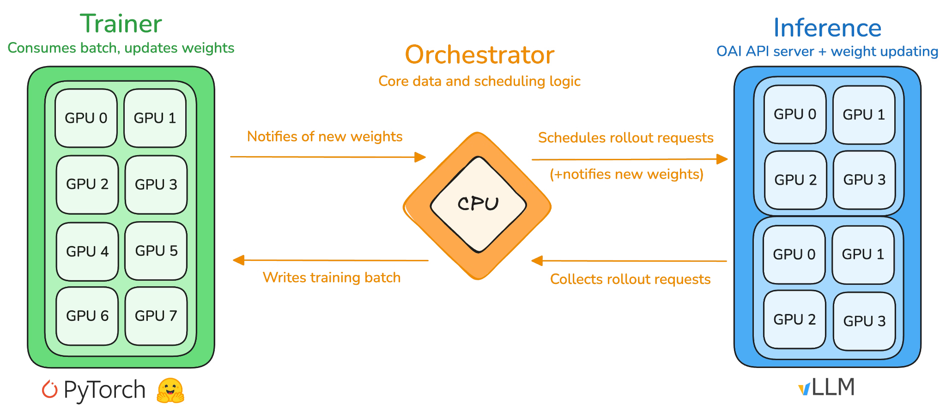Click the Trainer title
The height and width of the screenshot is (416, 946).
pyautogui.click(x=121, y=24)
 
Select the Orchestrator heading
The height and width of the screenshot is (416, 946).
pyautogui.click(x=479, y=55)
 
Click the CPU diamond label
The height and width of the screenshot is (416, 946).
pyautogui.click(x=478, y=204)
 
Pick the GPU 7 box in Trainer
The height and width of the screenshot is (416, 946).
pyautogui.click(x=156, y=316)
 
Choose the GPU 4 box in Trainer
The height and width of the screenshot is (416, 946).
pyautogui.click(x=87, y=252)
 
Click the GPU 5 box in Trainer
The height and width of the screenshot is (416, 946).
pyautogui.click(x=156, y=251)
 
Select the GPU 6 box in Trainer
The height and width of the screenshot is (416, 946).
pyautogui.click(x=87, y=316)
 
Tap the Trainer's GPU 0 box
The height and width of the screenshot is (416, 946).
pyautogui.click(x=86, y=118)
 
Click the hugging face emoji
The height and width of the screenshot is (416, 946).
pyautogui.click(x=170, y=391)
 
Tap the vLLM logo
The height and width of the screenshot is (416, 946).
pyautogui.click(x=826, y=387)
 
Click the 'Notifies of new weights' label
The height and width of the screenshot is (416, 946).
pyautogui.click(x=324, y=137)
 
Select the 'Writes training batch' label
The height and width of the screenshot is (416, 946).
pyautogui.click(x=331, y=277)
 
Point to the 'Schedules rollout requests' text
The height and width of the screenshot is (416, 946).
pyautogui.click(x=625, y=138)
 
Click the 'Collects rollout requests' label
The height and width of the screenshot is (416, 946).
pyautogui.click(x=630, y=279)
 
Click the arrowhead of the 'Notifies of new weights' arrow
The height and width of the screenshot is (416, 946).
pyautogui.click(x=420, y=157)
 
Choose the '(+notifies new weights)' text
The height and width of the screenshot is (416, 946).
pyautogui.click(x=626, y=174)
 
